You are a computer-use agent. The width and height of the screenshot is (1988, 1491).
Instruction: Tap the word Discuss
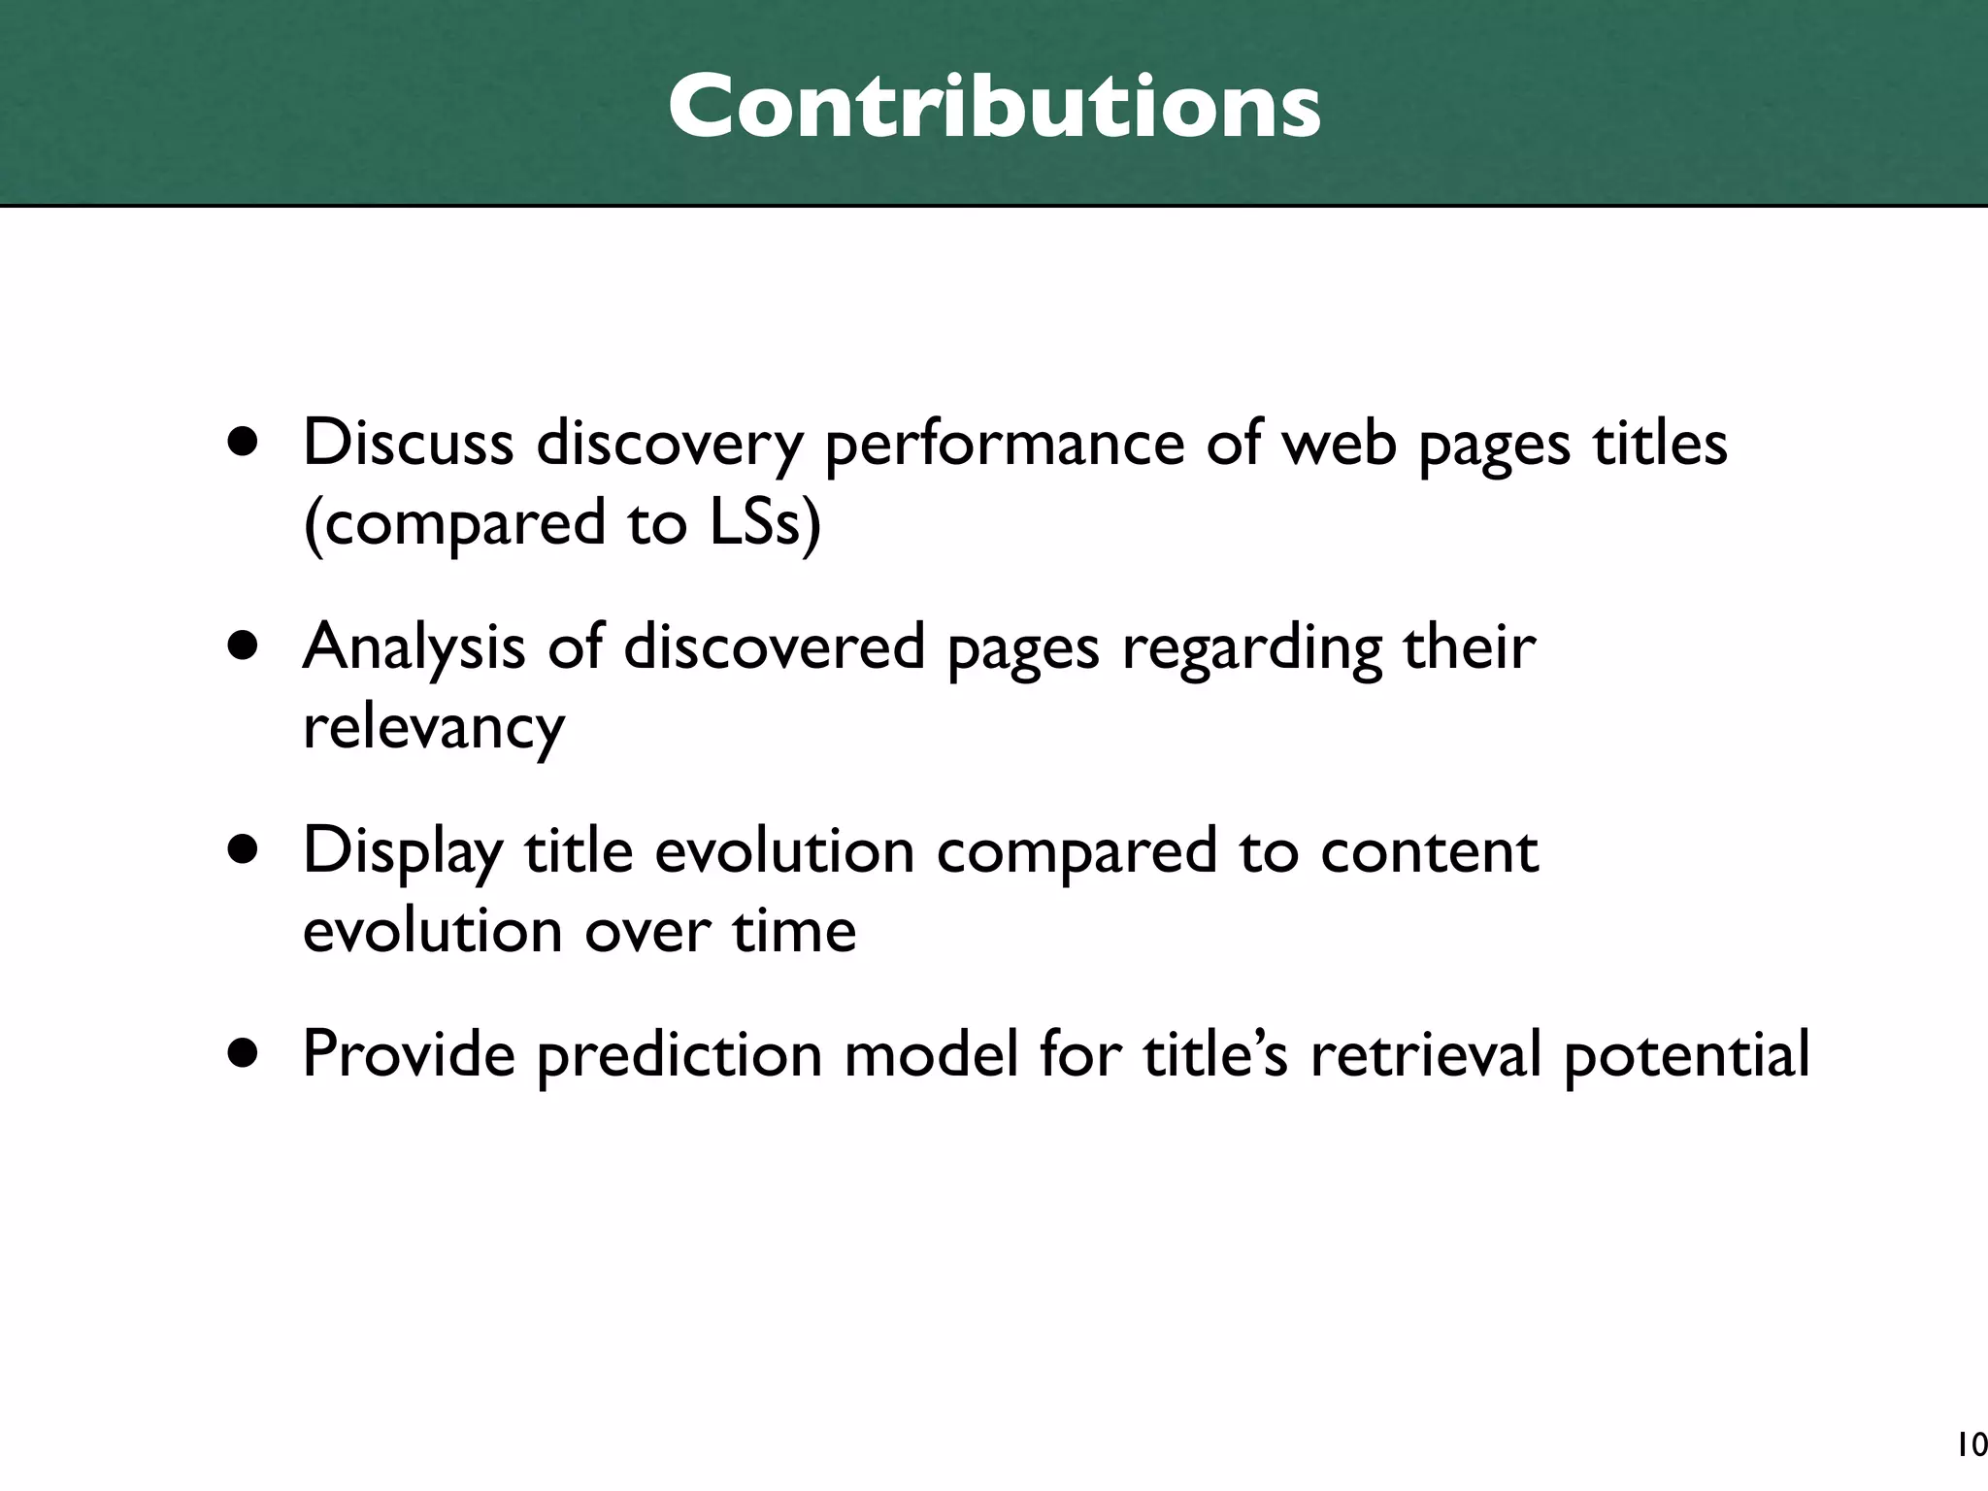tap(408, 444)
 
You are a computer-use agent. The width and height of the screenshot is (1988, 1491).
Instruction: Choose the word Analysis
tap(414, 648)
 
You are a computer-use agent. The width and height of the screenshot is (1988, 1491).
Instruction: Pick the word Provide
tap(409, 1054)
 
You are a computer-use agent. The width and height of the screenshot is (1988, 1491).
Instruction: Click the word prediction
tap(679, 1056)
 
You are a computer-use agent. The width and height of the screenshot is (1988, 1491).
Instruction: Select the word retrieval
tap(1425, 1054)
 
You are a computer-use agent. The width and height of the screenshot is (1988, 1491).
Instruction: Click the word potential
tap(1686, 1056)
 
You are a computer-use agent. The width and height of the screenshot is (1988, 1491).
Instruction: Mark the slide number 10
tap(1971, 1446)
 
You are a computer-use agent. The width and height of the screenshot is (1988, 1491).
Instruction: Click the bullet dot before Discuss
tap(244, 444)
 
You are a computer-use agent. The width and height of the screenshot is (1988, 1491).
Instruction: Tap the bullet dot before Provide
tap(244, 1054)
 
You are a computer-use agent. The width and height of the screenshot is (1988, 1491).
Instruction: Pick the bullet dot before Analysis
tap(244, 647)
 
